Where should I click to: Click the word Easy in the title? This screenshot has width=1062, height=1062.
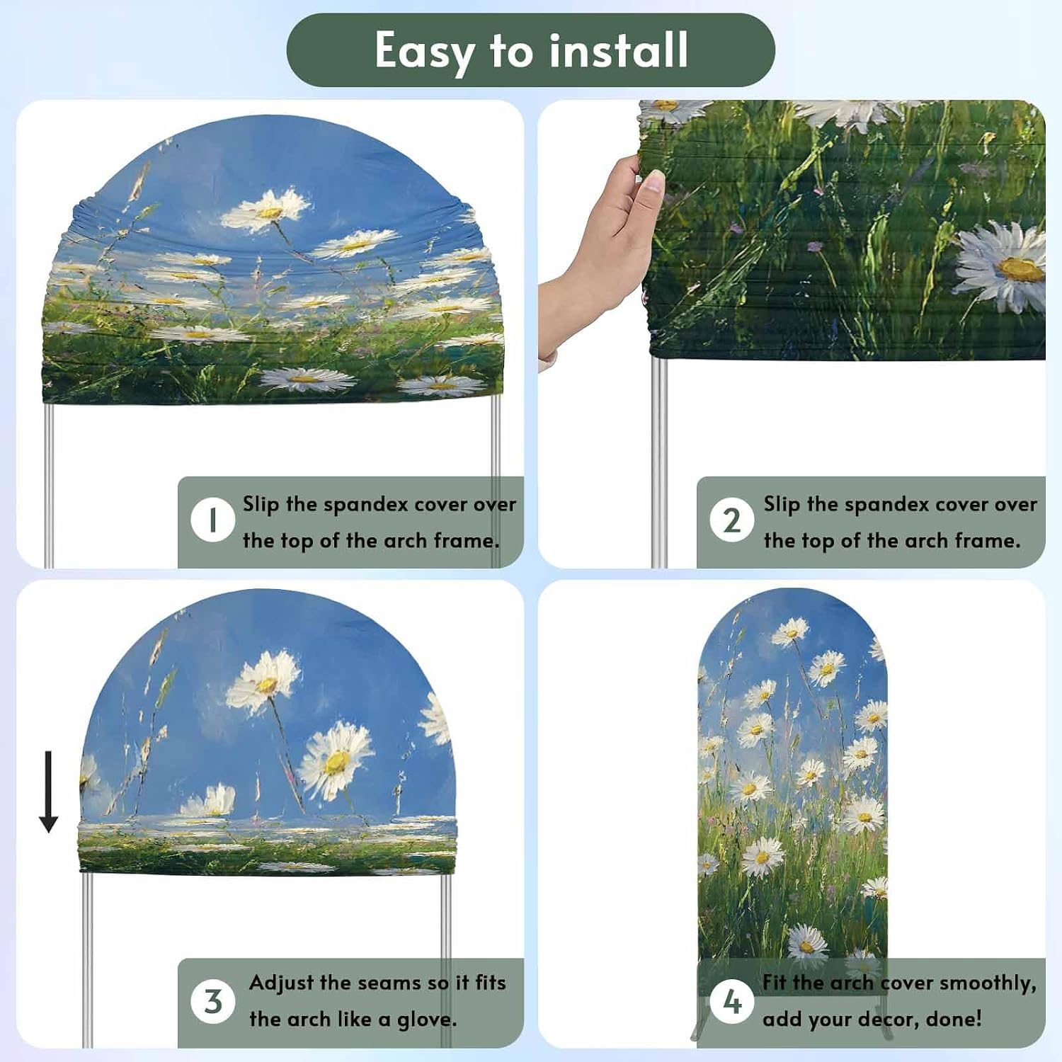424,51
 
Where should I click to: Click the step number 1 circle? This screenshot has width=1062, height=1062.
212,520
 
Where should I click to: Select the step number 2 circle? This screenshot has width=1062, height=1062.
731,520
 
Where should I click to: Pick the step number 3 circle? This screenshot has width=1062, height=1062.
212,1001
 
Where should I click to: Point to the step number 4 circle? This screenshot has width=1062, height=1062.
731,1001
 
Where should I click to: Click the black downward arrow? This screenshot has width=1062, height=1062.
48,792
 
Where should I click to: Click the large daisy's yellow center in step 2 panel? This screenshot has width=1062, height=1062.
1021,269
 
